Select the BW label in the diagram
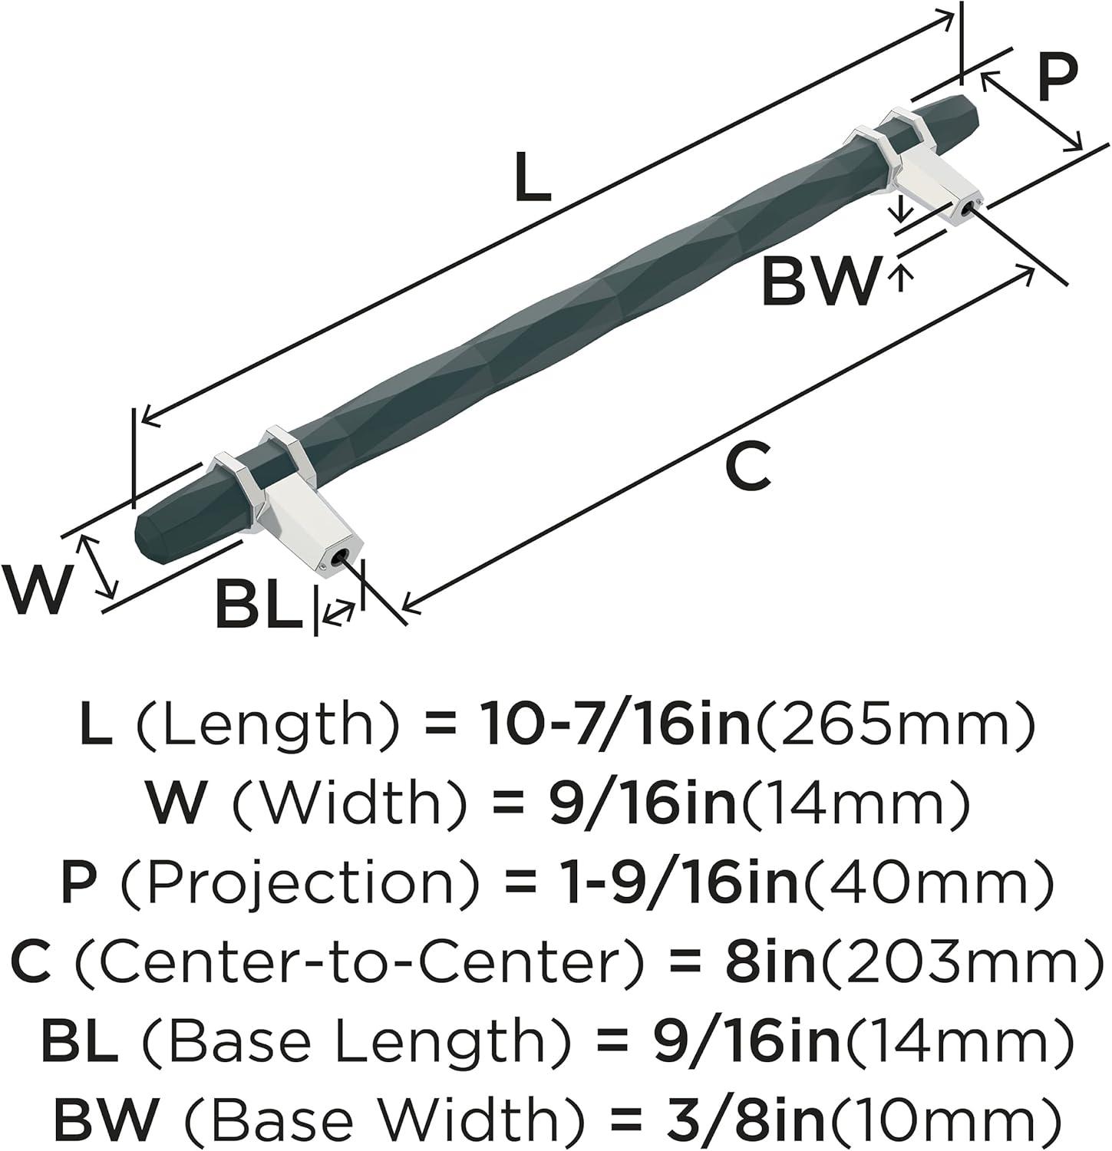pos(819,281)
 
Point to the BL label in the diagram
pos(259,605)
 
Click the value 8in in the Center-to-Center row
pos(770,963)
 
